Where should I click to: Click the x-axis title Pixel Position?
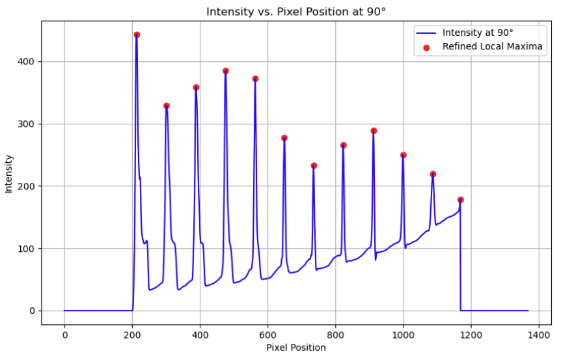(x=296, y=348)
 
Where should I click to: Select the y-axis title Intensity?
(x=9, y=173)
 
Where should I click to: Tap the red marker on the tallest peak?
(x=137, y=35)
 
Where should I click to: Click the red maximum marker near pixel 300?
(x=167, y=105)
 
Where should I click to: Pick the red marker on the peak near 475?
(x=225, y=71)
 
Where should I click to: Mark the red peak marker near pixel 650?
(x=284, y=138)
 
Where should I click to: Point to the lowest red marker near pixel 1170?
(x=461, y=200)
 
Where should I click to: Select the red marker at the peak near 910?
(x=374, y=131)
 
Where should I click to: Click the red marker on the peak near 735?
(x=314, y=166)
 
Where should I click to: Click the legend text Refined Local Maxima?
(x=493, y=46)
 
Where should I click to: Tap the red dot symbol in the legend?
(x=428, y=46)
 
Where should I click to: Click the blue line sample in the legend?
(x=427, y=32)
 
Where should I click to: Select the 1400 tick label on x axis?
(x=538, y=333)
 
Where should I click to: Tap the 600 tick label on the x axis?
(x=267, y=333)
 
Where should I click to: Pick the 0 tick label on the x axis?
(x=64, y=333)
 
